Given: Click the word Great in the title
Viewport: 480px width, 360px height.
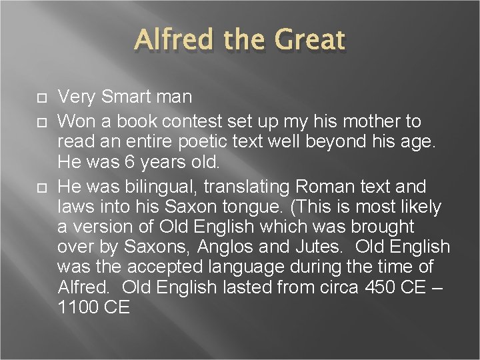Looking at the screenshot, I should pos(307,41).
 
